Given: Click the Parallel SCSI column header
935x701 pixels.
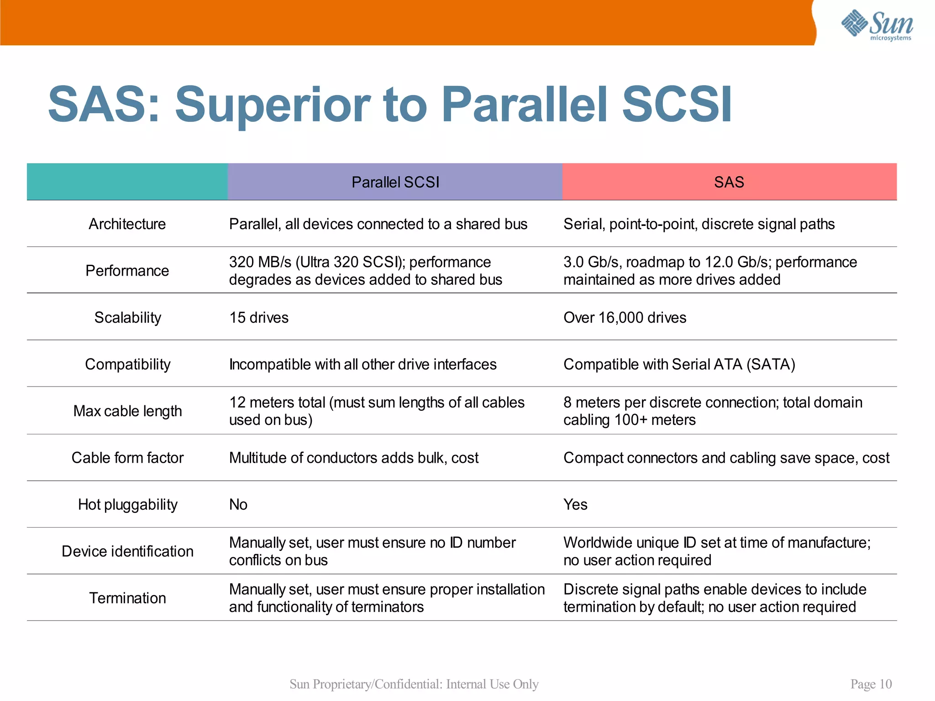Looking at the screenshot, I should click(395, 182).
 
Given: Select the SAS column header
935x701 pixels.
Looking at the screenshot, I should click(729, 182).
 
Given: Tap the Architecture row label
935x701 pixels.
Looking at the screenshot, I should click(127, 224).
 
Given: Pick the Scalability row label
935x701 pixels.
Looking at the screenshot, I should click(127, 318).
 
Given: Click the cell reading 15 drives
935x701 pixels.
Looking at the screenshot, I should click(259, 318).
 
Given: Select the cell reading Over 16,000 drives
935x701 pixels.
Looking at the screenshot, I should click(625, 318).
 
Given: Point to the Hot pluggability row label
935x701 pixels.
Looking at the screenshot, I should click(127, 505).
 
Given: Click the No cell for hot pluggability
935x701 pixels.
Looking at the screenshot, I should click(238, 505).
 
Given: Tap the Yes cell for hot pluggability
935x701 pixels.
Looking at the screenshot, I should click(575, 505).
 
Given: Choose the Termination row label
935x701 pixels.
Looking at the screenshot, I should click(127, 598).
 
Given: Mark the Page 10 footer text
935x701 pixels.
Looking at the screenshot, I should click(871, 684).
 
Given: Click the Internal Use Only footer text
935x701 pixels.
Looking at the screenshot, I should click(492, 684).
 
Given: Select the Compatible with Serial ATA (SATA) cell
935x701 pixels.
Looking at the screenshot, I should click(679, 365).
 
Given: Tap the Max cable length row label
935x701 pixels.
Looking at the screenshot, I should click(127, 411).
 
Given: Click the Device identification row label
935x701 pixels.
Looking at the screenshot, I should click(127, 551).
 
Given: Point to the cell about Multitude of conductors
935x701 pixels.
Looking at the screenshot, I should click(354, 458).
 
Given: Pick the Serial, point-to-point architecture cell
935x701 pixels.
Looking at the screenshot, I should click(699, 224).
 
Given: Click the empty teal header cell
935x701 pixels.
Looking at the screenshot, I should click(127, 182).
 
